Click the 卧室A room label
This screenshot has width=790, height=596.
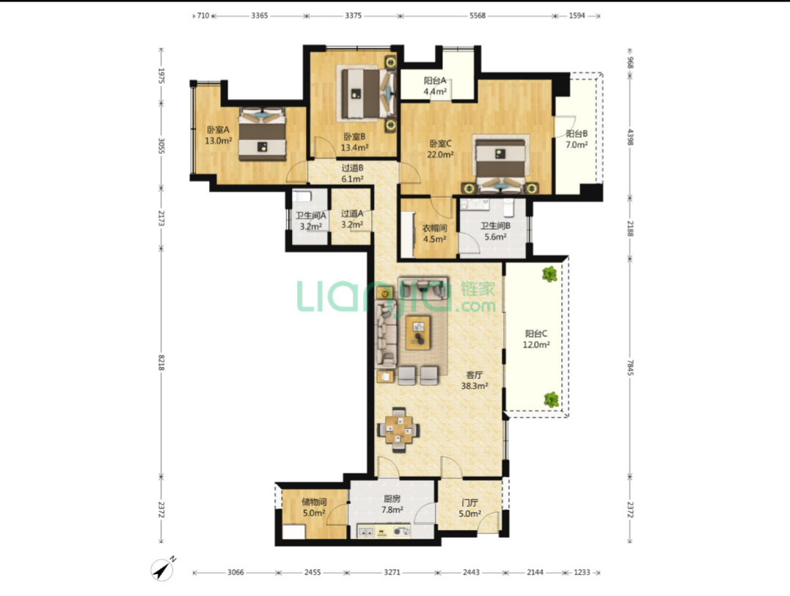point(218,130)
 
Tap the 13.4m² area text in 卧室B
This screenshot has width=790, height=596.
point(355,147)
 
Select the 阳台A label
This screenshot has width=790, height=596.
point(435,81)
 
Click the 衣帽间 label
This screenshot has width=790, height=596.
point(434,228)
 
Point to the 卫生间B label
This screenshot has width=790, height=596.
point(495,226)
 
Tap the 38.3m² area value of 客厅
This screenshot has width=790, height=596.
point(474,386)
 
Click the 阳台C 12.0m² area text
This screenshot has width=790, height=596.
point(536,345)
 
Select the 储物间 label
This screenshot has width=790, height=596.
point(314,502)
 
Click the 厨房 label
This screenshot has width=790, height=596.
point(392,498)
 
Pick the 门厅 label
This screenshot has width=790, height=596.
point(469,503)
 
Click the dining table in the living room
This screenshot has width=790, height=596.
point(398,430)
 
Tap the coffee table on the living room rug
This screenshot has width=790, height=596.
point(418,332)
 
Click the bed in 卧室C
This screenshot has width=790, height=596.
point(500,163)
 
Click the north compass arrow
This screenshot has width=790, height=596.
point(163,570)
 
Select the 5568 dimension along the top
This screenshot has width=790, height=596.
point(477,15)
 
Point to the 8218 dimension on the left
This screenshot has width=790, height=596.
point(161,362)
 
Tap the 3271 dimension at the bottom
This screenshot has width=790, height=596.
point(392,573)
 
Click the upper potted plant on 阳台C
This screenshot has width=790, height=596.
point(549,274)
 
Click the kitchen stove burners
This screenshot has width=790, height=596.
point(401,531)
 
